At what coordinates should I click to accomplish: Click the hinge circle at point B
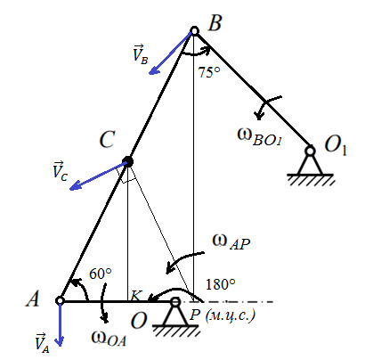[x=194, y=30]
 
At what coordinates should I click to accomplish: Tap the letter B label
[x=215, y=22]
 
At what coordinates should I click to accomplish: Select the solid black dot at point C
[x=127, y=161]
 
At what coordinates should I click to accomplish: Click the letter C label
[x=107, y=139]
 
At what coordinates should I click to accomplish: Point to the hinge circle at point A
[x=60, y=300]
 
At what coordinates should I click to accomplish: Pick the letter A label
[x=33, y=299]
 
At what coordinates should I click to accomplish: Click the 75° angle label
[x=209, y=72]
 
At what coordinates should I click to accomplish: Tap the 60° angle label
[x=101, y=274]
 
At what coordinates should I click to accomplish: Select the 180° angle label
[x=221, y=284]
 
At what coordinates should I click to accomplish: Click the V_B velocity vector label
[x=140, y=54]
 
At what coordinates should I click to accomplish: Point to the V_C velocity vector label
[x=61, y=171]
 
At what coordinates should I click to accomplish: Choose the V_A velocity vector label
[x=42, y=343]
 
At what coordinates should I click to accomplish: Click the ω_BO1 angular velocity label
[x=259, y=137]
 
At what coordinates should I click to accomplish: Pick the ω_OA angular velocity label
[x=109, y=339]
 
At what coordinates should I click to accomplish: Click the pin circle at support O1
[x=310, y=151]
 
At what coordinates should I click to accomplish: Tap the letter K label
[x=136, y=296]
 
